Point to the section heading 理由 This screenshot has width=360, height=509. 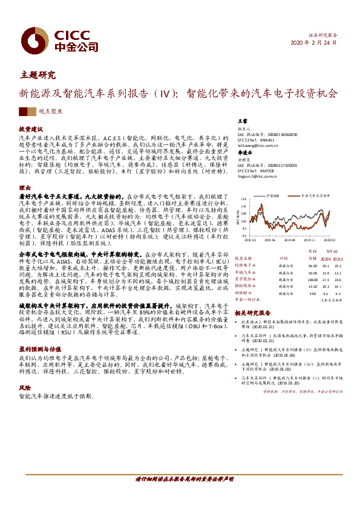click(x=24, y=188)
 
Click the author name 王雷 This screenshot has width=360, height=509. click(x=242, y=122)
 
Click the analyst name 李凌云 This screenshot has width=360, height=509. click(x=244, y=153)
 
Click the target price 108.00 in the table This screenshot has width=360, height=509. click(x=313, y=279)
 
